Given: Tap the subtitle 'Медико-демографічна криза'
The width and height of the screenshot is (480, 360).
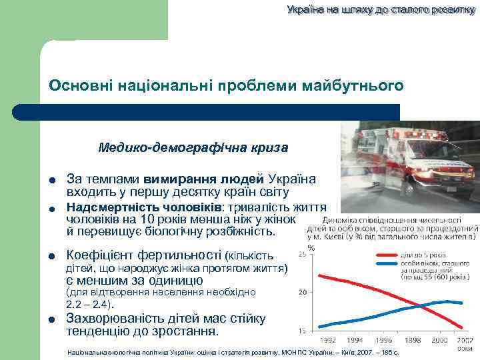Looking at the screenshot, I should pos(193,147).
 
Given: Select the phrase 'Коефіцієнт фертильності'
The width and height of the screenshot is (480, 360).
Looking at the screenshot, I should pos(145,255).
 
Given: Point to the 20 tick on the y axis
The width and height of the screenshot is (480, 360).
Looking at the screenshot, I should pos(302,292).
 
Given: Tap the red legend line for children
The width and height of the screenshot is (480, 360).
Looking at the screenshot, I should pos(385,255).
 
